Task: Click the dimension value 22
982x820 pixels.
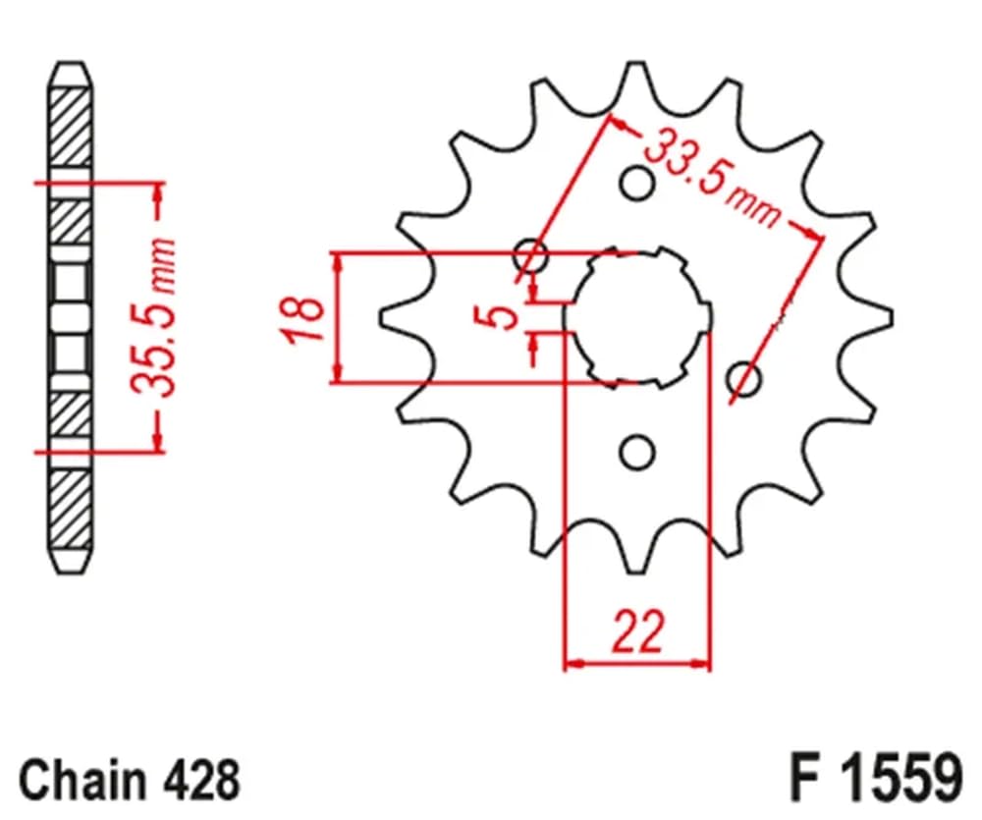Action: point(636,631)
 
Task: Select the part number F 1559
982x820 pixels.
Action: point(873,780)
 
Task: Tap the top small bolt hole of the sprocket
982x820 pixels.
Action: point(637,183)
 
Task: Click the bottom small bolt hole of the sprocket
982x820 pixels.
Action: point(637,452)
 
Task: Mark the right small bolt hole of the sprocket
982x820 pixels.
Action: point(746,379)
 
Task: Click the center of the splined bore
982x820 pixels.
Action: point(637,317)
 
